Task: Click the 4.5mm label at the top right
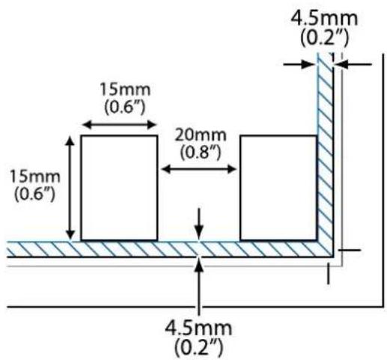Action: click(x=324, y=19)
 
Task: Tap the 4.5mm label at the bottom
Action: click(x=198, y=328)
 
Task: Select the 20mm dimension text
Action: click(x=201, y=135)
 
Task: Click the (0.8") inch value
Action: click(x=201, y=152)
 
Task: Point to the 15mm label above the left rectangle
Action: click(x=125, y=90)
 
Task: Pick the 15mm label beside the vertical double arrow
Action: click(x=34, y=177)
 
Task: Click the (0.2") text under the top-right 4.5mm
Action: click(x=324, y=38)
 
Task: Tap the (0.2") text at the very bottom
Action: click(x=198, y=347)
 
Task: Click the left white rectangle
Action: click(x=119, y=188)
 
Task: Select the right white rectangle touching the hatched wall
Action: click(x=278, y=188)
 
